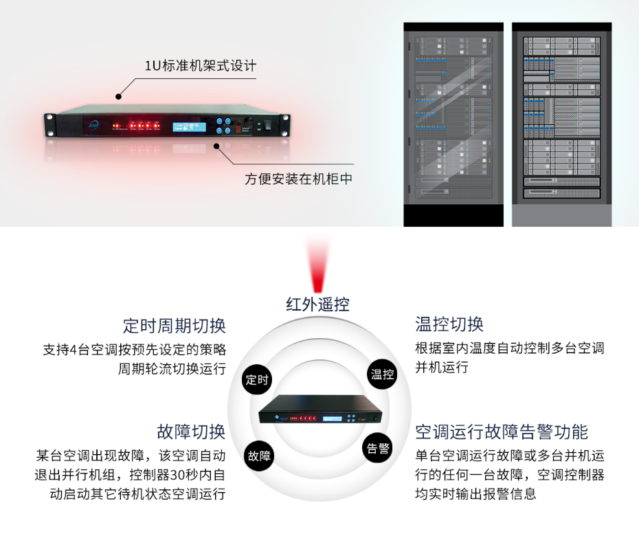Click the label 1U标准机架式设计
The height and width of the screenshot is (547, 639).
click(200, 67)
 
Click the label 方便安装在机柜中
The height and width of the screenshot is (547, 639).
click(299, 179)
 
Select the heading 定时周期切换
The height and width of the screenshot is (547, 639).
click(175, 325)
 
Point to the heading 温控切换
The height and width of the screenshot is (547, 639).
click(449, 324)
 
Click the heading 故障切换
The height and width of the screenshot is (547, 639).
click(192, 432)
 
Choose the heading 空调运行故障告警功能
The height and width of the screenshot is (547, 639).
click(502, 432)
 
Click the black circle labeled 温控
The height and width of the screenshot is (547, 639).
click(382, 374)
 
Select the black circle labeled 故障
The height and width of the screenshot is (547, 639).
click(260, 455)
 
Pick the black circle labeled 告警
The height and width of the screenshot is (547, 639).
click(378, 448)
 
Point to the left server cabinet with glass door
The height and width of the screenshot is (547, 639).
click(453, 124)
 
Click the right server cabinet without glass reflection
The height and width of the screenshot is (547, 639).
click(561, 124)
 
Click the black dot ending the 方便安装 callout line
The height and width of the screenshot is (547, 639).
click(217, 146)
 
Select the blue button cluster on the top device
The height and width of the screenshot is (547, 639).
click(223, 126)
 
